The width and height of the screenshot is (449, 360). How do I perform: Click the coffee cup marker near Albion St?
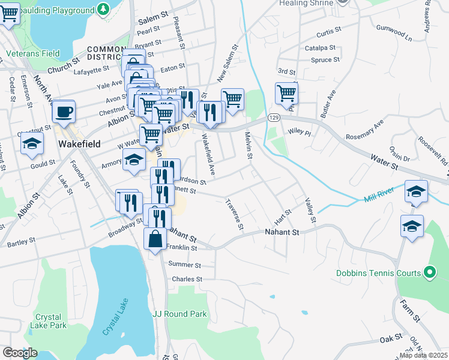pyautogui.click(x=63, y=112)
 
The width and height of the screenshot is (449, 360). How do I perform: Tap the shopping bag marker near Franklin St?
pyautogui.click(x=155, y=239)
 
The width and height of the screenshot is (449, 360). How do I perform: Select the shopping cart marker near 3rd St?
pyautogui.click(x=286, y=94)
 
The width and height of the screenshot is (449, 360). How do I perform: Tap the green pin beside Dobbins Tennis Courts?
pyautogui.click(x=429, y=273)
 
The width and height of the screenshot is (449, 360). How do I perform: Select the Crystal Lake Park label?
pyautogui.click(x=50, y=321)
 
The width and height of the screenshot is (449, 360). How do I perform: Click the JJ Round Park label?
pyautogui.click(x=179, y=314)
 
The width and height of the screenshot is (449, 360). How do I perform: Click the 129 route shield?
pyautogui.click(x=274, y=116)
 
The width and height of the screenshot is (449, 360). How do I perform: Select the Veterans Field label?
pyautogui.click(x=33, y=53)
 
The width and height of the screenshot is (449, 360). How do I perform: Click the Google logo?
pyautogui.click(x=20, y=353)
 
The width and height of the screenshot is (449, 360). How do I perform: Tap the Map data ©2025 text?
pyautogui.click(x=423, y=355)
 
